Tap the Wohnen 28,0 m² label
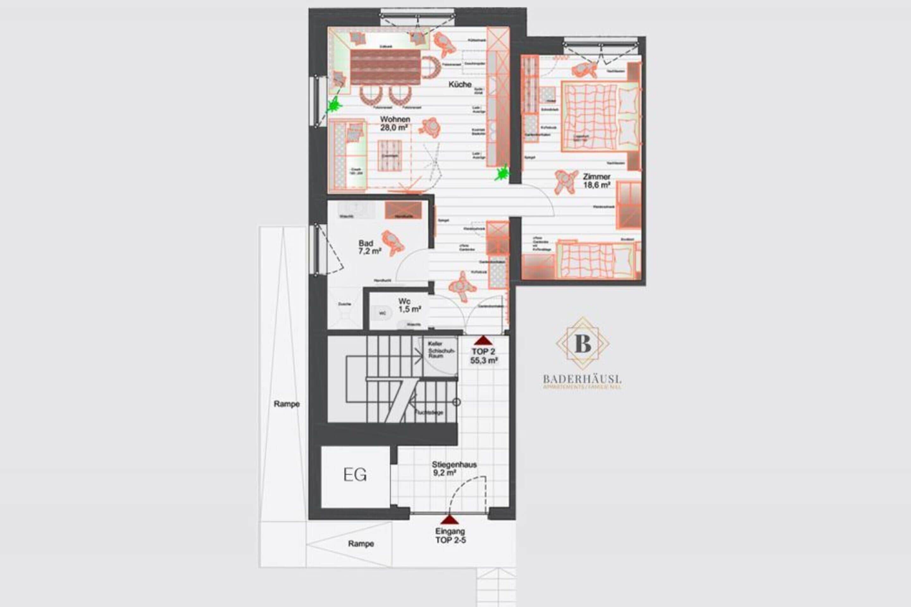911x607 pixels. coord(394,123)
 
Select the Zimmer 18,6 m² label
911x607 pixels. coord(597,181)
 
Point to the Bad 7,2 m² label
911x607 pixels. coord(369,247)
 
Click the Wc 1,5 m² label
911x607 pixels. coord(409,305)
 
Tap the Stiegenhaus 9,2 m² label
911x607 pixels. coord(454,468)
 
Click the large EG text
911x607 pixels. coord(355,475)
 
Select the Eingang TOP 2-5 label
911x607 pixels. coord(450,536)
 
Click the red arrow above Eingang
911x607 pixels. coord(449,520)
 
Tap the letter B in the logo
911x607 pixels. coord(583,343)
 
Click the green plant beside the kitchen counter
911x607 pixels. coord(502,173)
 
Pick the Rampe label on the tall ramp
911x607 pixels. coord(286,404)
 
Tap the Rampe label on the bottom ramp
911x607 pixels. coord(361,543)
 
